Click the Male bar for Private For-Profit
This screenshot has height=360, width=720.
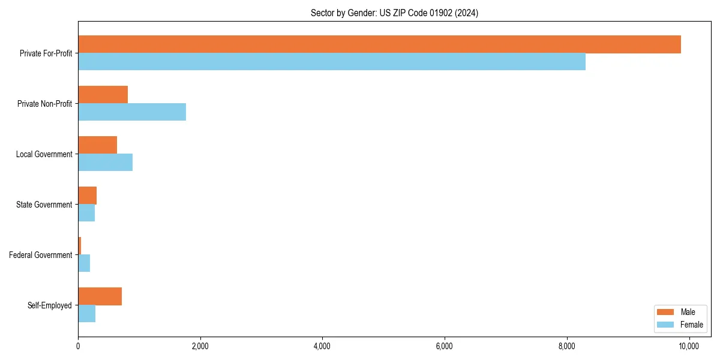tap(379, 44)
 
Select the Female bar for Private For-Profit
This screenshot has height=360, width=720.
tap(332, 62)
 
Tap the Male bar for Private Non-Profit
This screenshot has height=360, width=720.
tap(103, 95)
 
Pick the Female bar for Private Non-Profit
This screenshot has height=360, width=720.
tap(132, 112)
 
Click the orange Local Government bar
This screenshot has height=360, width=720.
tap(97, 145)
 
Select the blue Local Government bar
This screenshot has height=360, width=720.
tap(105, 163)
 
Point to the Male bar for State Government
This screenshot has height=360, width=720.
tap(87, 196)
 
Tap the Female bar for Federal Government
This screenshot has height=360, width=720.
tap(84, 263)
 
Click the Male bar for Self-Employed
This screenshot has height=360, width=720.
tap(100, 296)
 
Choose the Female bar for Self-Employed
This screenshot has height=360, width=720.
tap(86, 314)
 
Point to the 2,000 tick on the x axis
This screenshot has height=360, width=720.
tap(200, 346)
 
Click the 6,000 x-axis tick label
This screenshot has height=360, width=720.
tap(445, 346)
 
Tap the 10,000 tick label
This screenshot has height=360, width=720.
tap(689, 346)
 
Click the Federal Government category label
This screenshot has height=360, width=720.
tap(41, 255)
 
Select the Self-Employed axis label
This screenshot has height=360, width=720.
tap(50, 305)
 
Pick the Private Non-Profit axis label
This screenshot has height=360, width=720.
tap(45, 104)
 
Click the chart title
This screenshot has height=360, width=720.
tap(394, 13)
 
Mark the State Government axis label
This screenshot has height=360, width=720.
tap(44, 205)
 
